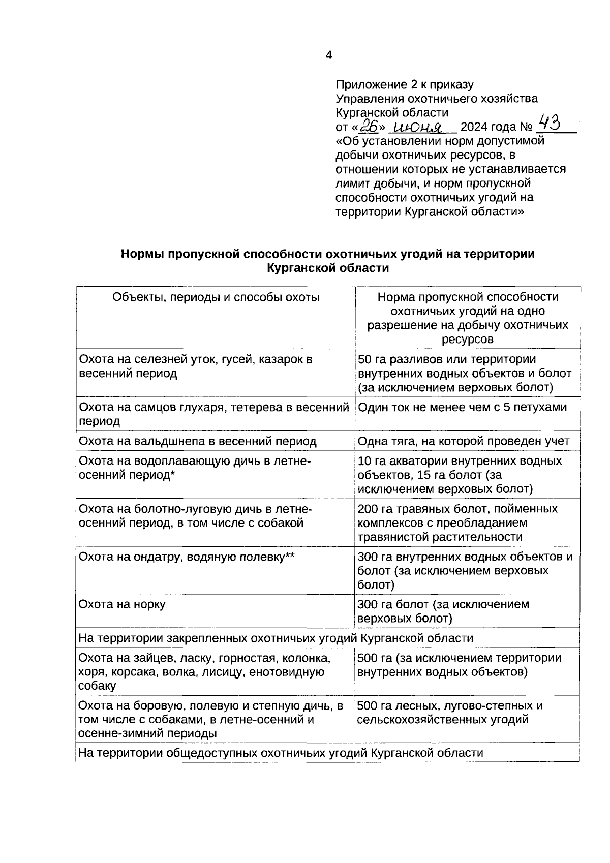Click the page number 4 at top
point(328,55)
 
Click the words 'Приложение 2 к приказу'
point(405,84)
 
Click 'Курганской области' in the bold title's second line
point(328,268)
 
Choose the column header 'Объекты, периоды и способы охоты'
point(216,297)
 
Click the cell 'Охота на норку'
point(122,604)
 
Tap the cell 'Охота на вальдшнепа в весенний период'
point(197,441)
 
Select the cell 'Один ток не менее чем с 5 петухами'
point(462,407)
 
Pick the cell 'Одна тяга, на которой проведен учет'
point(464,441)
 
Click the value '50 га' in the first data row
point(372,359)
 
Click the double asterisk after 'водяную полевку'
point(290,556)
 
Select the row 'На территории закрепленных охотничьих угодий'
point(276,638)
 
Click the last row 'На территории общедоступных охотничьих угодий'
point(281,753)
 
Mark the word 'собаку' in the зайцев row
point(97,686)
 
